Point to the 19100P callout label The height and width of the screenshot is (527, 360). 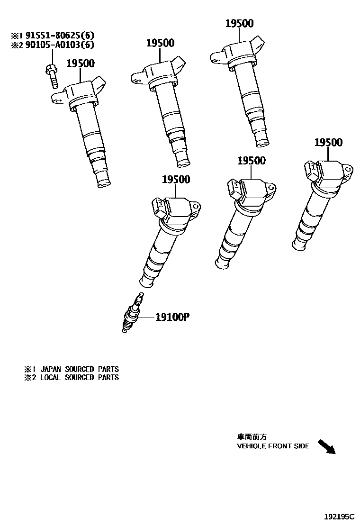click(x=172, y=317)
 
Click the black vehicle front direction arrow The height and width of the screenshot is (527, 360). click(x=326, y=446)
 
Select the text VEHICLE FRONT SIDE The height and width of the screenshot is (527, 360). click(x=273, y=446)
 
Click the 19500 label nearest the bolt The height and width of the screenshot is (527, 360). click(x=80, y=64)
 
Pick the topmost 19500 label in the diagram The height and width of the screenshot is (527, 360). click(x=239, y=24)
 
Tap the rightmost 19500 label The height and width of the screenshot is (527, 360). click(x=328, y=143)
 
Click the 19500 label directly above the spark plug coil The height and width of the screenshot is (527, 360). click(x=176, y=180)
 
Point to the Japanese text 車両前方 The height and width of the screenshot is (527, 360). click(x=249, y=437)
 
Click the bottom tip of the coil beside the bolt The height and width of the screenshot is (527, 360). click(x=104, y=182)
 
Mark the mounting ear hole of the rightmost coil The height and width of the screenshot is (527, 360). click(x=349, y=168)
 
